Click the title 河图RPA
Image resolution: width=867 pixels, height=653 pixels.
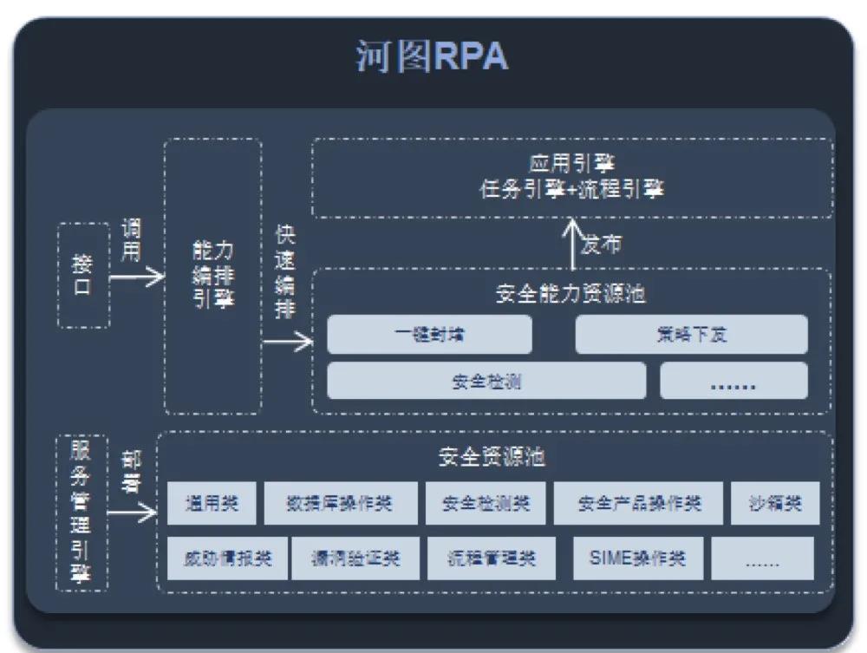pyautogui.click(x=431, y=57)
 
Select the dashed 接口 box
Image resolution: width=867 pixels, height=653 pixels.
pyautogui.click(x=83, y=275)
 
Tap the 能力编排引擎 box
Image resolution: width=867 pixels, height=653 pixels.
pyautogui.click(x=212, y=275)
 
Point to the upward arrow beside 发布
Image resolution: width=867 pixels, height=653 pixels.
pyautogui.click(x=573, y=244)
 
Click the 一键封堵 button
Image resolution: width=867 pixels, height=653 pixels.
pyautogui.click(x=429, y=335)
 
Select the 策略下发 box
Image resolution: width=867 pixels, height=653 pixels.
pyautogui.click(x=691, y=335)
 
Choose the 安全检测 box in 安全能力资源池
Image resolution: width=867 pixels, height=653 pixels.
pyautogui.click(x=486, y=381)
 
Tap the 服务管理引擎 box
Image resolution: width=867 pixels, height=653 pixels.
pyautogui.click(x=81, y=513)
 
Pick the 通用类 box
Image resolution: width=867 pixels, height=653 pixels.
pyautogui.click(x=211, y=503)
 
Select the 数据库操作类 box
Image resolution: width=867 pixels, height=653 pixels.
pyautogui.click(x=339, y=503)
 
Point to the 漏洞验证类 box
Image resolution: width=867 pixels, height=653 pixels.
pyautogui.click(x=355, y=558)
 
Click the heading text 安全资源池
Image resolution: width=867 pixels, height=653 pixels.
pyautogui.click(x=492, y=457)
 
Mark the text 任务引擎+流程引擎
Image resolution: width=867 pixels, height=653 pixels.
pyautogui.click(x=571, y=189)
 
